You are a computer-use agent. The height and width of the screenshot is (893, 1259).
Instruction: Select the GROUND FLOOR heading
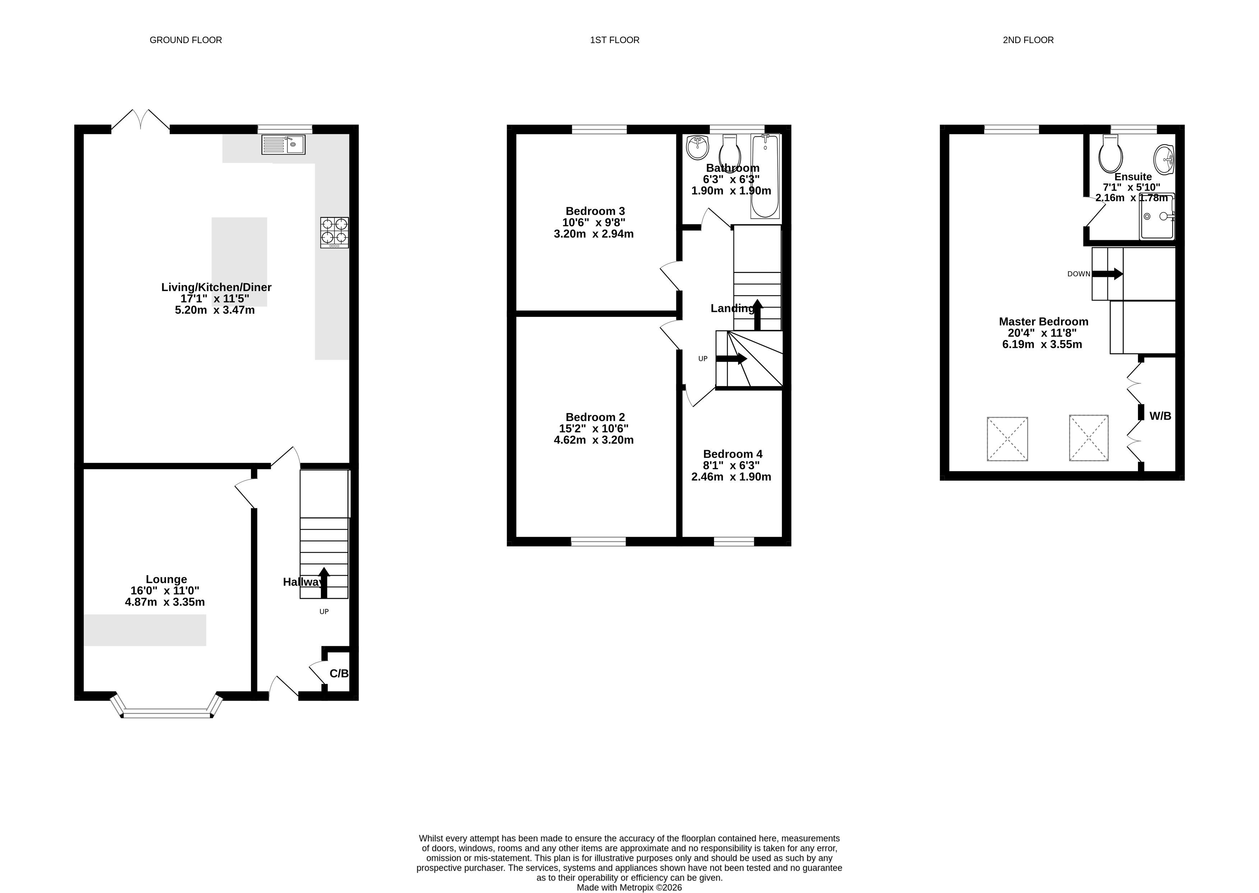(186, 40)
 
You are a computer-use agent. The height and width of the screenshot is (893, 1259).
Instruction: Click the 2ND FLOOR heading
(1028, 40)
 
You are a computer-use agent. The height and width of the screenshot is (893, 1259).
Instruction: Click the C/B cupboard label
(339, 674)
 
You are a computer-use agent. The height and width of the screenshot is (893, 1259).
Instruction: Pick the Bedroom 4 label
(733, 454)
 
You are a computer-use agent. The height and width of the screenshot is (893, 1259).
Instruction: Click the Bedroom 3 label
(595, 211)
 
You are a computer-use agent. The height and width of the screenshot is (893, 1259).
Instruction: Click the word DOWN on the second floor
(1079, 274)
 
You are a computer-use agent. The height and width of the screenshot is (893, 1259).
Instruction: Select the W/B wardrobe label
(1160, 416)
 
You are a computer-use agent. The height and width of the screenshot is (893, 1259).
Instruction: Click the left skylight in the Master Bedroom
(1007, 439)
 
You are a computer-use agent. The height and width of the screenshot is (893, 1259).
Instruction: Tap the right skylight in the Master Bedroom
(1088, 438)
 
